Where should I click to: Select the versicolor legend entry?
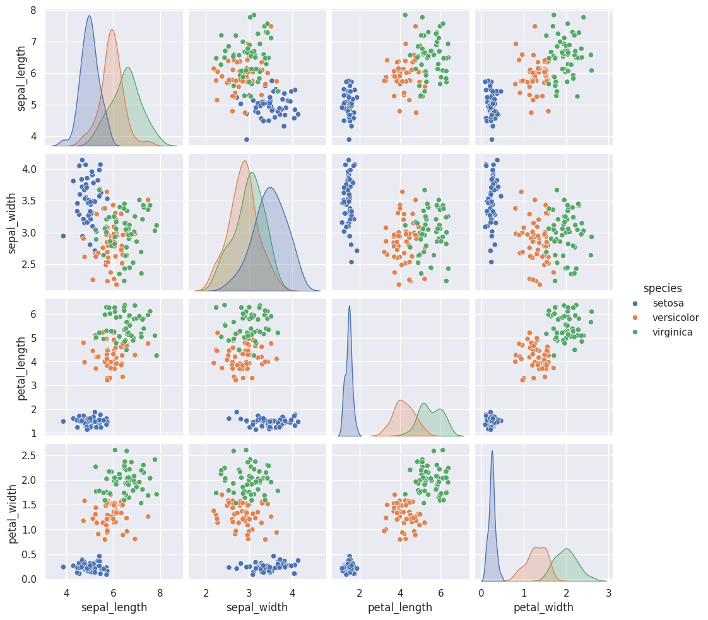(676, 317)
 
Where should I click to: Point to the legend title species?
(663, 288)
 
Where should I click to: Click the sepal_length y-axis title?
(23, 78)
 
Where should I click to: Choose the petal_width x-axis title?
(543, 607)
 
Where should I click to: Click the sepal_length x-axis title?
(115, 607)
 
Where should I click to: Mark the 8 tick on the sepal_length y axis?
(32, 10)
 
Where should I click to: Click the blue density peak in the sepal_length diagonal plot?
(89, 16)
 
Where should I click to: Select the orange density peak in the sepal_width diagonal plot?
(245, 161)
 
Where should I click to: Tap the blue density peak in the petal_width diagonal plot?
(492, 451)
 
